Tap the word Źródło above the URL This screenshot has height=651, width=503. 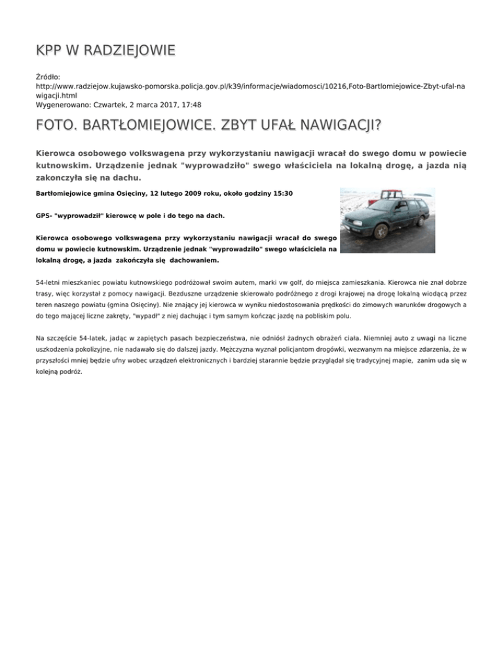coord(48,77)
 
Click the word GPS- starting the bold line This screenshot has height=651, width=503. coord(45,215)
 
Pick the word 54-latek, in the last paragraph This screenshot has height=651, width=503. coord(93,338)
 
